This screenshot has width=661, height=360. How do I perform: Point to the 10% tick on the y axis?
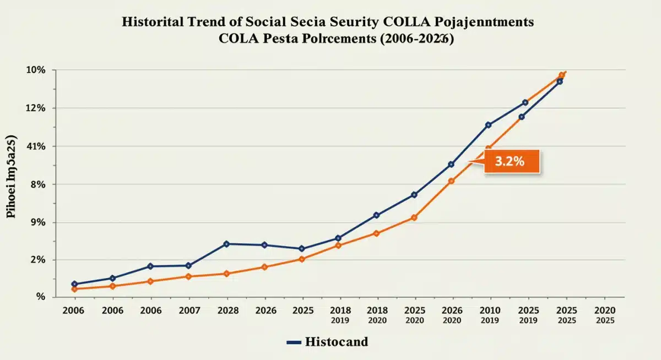point(32,70)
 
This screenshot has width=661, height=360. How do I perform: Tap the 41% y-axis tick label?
point(32,146)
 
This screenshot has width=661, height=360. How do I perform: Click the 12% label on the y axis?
point(32,108)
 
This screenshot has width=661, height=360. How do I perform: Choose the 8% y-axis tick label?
point(35,184)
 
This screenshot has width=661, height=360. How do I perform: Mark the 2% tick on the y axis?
point(35,260)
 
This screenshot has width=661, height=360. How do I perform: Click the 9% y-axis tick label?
point(35,222)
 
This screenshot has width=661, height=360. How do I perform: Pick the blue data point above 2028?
point(226,244)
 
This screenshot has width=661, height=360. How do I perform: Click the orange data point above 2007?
point(188,276)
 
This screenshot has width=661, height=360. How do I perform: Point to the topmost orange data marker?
point(561,75)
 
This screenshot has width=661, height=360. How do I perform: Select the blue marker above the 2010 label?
point(488,125)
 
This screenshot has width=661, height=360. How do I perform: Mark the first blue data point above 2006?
point(74,284)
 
